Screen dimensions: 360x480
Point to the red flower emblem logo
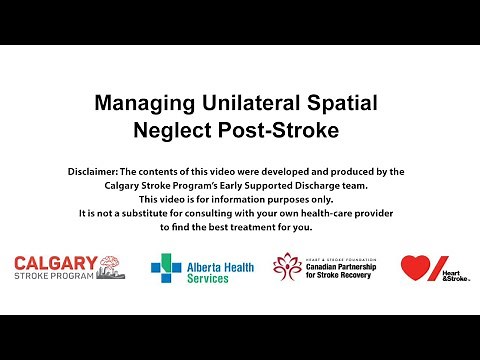(288, 267)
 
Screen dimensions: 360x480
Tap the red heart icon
(416, 267)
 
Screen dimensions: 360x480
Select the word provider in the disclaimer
(378, 214)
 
